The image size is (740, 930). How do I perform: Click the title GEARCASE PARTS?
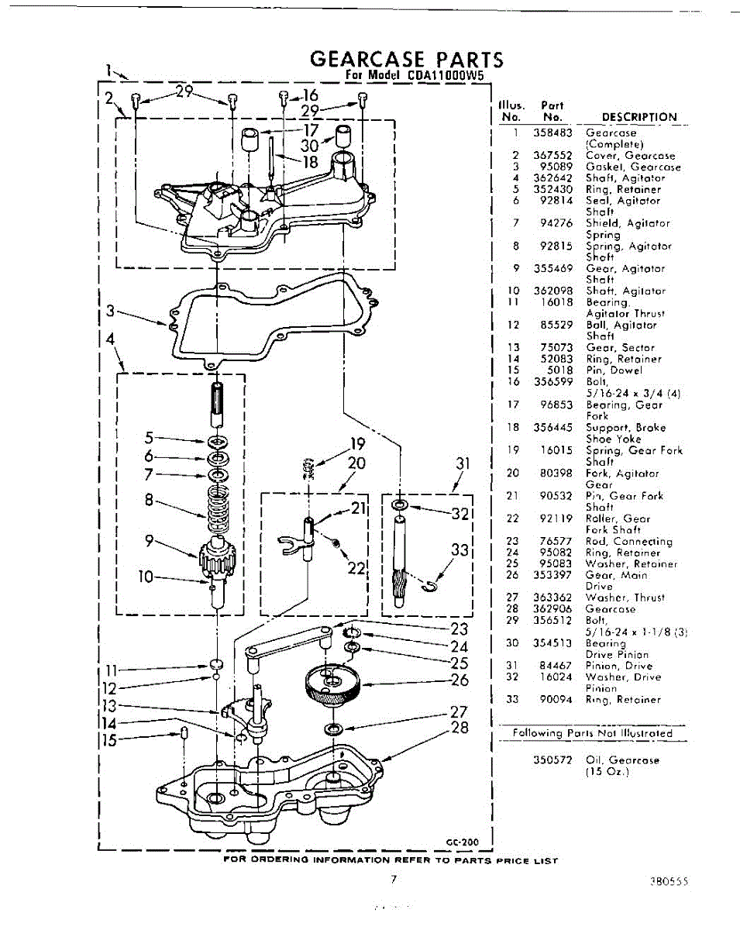pyautogui.click(x=406, y=60)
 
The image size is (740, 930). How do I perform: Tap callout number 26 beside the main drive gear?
pyautogui.click(x=460, y=681)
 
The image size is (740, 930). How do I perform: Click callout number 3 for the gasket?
pyautogui.click(x=112, y=312)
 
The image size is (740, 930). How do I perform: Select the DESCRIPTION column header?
pyautogui.click(x=639, y=118)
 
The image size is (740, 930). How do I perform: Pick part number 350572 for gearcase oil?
pyautogui.click(x=552, y=760)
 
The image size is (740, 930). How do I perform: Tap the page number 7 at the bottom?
pyautogui.click(x=394, y=879)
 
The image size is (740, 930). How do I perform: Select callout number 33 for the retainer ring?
pyautogui.click(x=461, y=550)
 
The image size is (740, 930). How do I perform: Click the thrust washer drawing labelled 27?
pyautogui.click(x=335, y=729)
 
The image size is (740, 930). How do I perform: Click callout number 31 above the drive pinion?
pyautogui.click(x=463, y=463)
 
